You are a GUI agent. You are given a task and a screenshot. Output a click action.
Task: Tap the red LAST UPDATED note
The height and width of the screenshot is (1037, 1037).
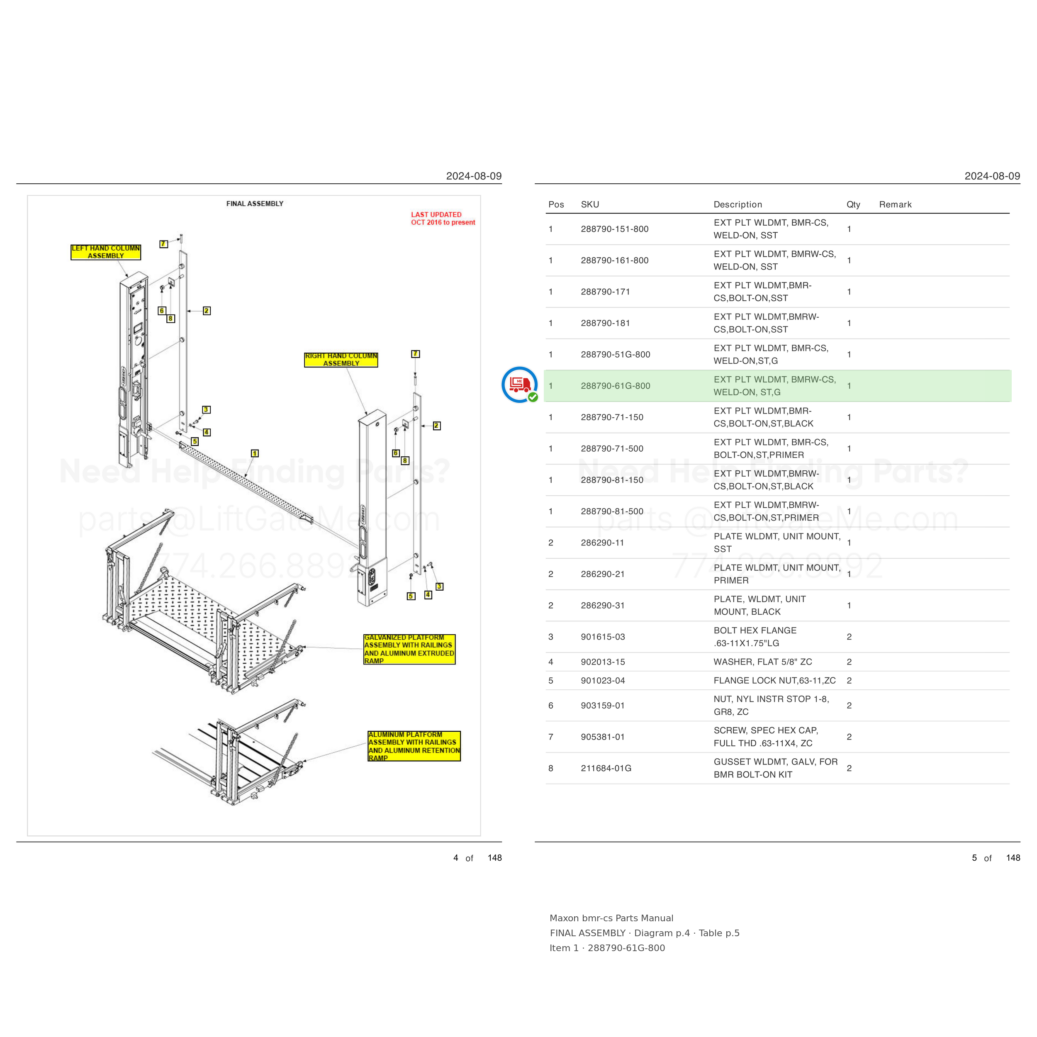(443, 219)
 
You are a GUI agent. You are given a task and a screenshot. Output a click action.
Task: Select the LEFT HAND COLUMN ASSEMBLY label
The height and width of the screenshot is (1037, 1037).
(106, 252)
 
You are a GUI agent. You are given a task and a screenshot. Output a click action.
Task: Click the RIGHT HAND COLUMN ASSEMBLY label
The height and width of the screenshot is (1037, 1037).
(341, 360)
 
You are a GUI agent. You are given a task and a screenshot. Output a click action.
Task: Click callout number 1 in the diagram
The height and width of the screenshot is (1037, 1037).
(255, 453)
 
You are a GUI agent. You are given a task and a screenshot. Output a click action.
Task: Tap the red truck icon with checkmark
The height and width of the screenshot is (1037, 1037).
(520, 385)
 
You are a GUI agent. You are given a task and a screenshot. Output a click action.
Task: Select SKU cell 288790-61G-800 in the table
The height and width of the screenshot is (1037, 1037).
(615, 386)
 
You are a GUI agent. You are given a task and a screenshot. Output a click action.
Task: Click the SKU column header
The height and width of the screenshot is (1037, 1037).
(590, 204)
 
